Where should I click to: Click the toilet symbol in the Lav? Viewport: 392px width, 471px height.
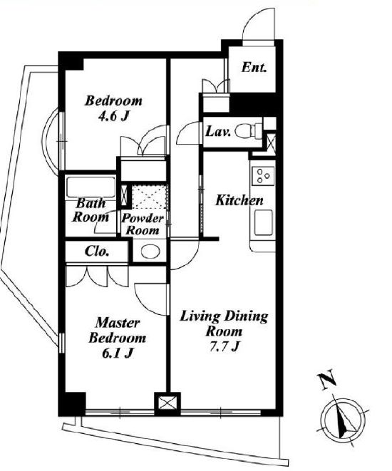click(x=249, y=131)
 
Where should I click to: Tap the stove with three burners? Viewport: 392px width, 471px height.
click(x=263, y=176)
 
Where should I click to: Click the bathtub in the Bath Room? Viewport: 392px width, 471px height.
click(x=91, y=187)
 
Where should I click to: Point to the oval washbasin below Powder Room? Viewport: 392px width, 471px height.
click(x=150, y=252)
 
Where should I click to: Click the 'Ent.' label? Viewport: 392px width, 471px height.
click(x=254, y=67)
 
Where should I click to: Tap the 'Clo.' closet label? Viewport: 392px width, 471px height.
click(x=97, y=251)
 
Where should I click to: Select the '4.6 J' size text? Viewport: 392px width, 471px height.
click(x=114, y=116)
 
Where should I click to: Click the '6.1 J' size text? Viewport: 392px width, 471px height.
click(x=118, y=353)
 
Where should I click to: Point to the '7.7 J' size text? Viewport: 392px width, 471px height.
click(x=224, y=346)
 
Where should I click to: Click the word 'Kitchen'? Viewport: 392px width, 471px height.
click(x=239, y=200)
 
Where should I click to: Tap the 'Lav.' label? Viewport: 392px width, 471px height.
click(x=218, y=132)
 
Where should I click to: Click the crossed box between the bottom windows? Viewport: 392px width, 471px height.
click(x=167, y=403)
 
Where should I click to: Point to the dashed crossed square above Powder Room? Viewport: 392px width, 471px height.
click(x=149, y=197)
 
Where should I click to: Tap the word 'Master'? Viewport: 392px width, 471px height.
click(x=118, y=323)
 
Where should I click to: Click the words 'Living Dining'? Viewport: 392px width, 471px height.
click(x=224, y=317)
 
